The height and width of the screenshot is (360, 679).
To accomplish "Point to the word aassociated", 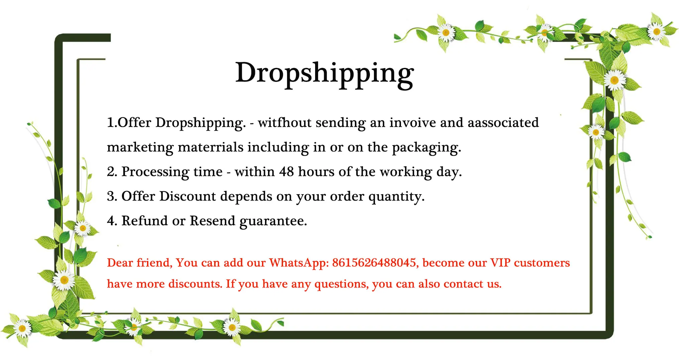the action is (x=503, y=123).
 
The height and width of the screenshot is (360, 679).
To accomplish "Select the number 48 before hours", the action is (x=286, y=172).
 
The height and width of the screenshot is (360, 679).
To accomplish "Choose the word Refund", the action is (x=145, y=221).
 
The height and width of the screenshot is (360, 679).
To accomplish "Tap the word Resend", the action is (x=213, y=221).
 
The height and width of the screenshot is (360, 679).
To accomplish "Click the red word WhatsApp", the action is (x=299, y=263).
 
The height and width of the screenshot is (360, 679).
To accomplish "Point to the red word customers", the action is (x=542, y=263).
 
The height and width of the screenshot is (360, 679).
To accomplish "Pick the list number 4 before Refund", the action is (x=112, y=221).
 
